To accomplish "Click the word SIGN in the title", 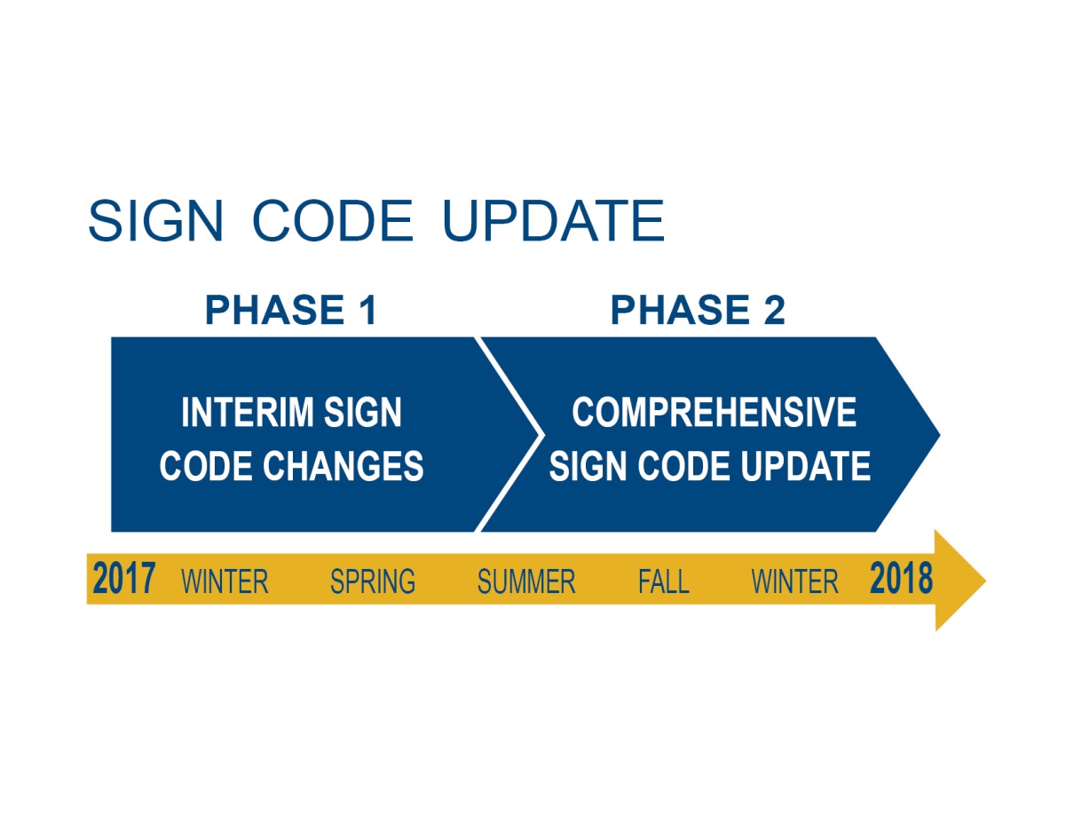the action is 155,220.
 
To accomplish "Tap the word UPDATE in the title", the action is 553,220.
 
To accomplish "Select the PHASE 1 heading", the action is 291,310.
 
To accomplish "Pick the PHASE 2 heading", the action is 698,310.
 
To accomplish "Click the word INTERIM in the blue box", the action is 248,412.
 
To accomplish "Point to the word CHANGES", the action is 343,466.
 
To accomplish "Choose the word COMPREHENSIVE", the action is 714,412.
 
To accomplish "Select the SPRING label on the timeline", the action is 373,581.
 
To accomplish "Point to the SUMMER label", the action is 526,581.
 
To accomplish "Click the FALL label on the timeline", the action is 663,581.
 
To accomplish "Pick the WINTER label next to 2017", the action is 225,581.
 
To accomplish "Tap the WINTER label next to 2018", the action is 794,581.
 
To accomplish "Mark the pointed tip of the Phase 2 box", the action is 940,435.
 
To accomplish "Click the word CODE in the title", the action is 333,220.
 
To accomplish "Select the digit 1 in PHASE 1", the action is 368,310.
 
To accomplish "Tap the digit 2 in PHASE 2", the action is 774,310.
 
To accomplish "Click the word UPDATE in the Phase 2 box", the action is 805,466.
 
